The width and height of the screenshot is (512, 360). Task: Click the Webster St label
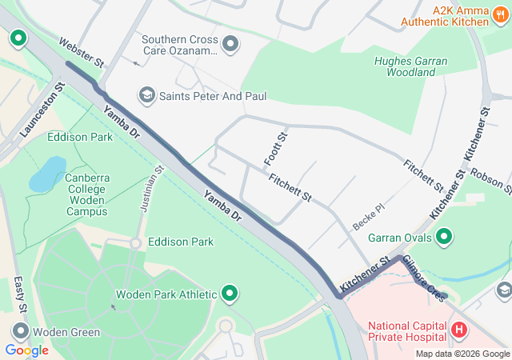[82, 51]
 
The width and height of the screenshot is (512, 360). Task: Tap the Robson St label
[490, 180]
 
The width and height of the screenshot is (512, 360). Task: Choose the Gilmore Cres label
[424, 278]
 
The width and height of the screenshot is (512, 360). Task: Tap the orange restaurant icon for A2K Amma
[499, 22]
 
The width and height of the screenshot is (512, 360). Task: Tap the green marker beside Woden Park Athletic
[230, 294]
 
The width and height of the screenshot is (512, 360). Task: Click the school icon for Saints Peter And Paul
[146, 96]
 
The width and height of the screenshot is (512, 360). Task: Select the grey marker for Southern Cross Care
[230, 44]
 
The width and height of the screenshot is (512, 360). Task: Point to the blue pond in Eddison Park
[48, 174]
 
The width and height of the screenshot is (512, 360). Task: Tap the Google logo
[26, 350]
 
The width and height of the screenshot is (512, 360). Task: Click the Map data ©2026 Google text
[461, 354]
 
